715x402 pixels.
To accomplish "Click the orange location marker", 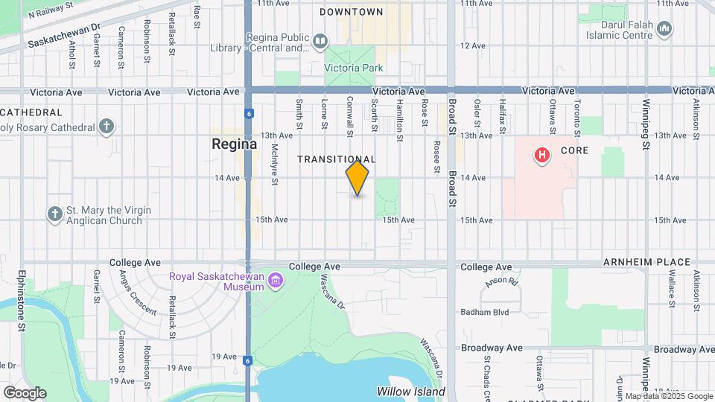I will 357,178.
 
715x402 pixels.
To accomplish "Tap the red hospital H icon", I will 542,156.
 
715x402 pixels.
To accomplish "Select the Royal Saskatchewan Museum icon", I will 276,281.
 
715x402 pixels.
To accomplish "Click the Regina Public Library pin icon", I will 320,40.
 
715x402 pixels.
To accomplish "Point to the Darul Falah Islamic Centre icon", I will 665,29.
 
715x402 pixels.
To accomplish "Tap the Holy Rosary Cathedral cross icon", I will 107,126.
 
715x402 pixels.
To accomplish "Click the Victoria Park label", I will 352,68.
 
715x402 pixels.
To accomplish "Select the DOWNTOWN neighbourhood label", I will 352,12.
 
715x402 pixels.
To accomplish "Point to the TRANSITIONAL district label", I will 337,159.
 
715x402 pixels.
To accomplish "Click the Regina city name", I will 234,144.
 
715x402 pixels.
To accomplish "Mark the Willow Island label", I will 410,392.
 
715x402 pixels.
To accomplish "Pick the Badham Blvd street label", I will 485,312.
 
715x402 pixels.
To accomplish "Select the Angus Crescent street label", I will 136,293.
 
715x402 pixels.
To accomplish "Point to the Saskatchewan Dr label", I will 64,36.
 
